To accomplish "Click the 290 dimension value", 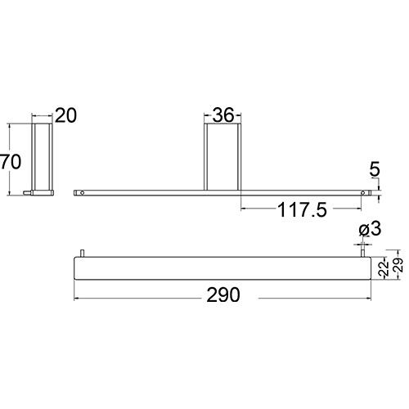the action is click(x=223, y=295).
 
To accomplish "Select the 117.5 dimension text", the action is click(x=302, y=210).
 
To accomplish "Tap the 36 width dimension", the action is click(x=223, y=115).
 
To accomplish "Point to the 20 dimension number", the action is click(x=66, y=115).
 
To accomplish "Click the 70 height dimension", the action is click(x=11, y=162).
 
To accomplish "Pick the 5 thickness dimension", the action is click(x=375, y=169).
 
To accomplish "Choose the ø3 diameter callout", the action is click(x=370, y=229).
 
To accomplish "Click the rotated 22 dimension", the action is click(x=384, y=268).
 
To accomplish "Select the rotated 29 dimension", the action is click(x=398, y=265).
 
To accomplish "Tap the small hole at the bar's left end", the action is click(x=83, y=193).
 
